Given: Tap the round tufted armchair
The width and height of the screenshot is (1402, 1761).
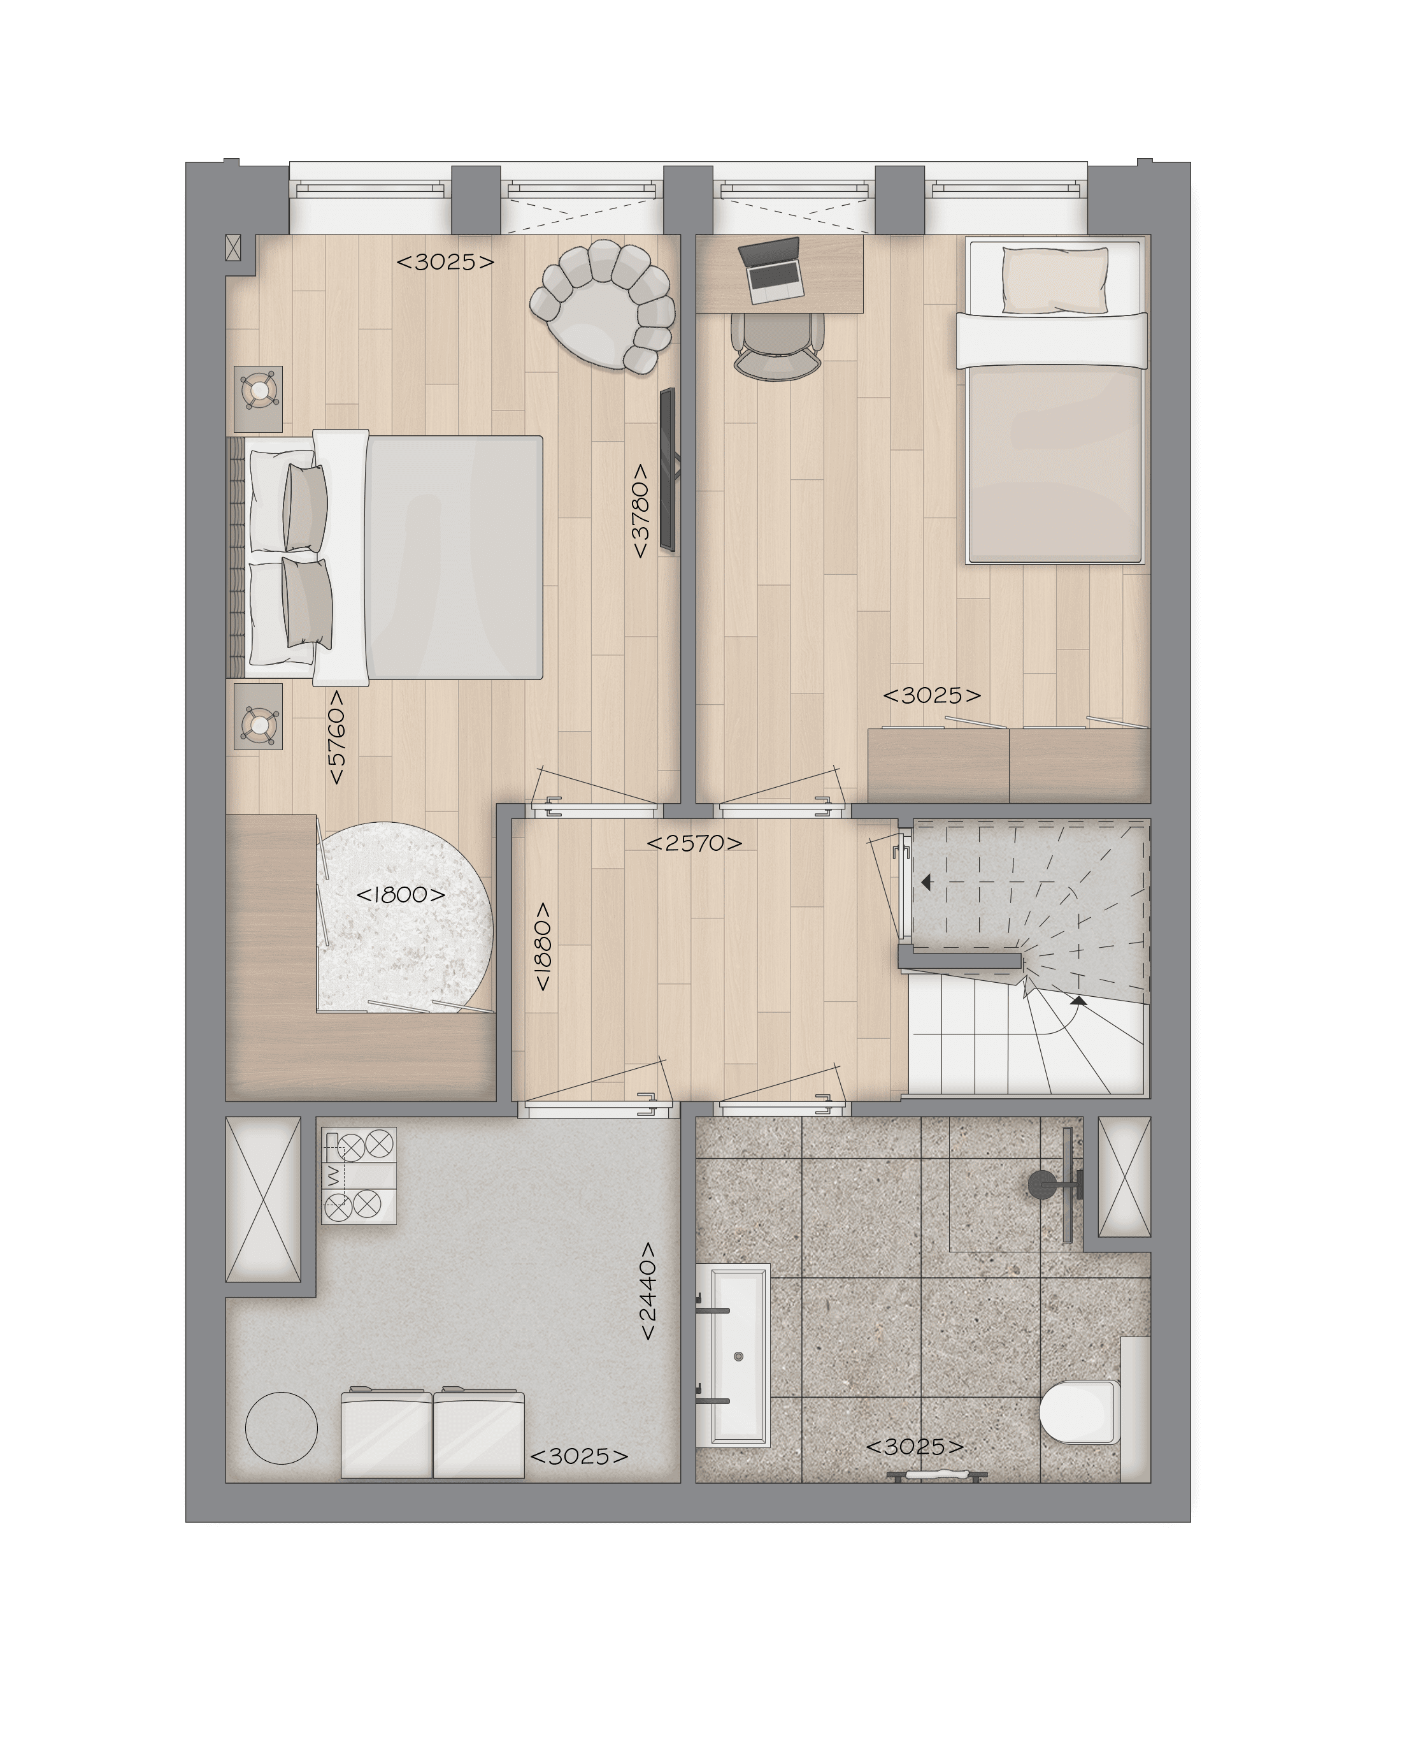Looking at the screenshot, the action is coord(603,307).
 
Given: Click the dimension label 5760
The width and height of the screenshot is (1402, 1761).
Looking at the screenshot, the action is coord(336,737).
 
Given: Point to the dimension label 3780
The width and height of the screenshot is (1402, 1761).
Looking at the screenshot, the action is coord(640,511).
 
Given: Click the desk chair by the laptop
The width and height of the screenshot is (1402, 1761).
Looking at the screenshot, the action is coord(777,345).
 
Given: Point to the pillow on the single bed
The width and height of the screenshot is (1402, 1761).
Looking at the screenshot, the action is coord(1055,280).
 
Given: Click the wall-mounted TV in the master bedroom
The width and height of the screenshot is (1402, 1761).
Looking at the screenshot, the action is coord(668,470).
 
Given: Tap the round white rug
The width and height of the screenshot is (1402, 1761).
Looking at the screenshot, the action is coord(406,917).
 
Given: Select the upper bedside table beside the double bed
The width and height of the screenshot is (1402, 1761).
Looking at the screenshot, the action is coord(259,398).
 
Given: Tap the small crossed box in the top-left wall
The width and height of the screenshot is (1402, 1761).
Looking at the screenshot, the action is coord(234,249).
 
